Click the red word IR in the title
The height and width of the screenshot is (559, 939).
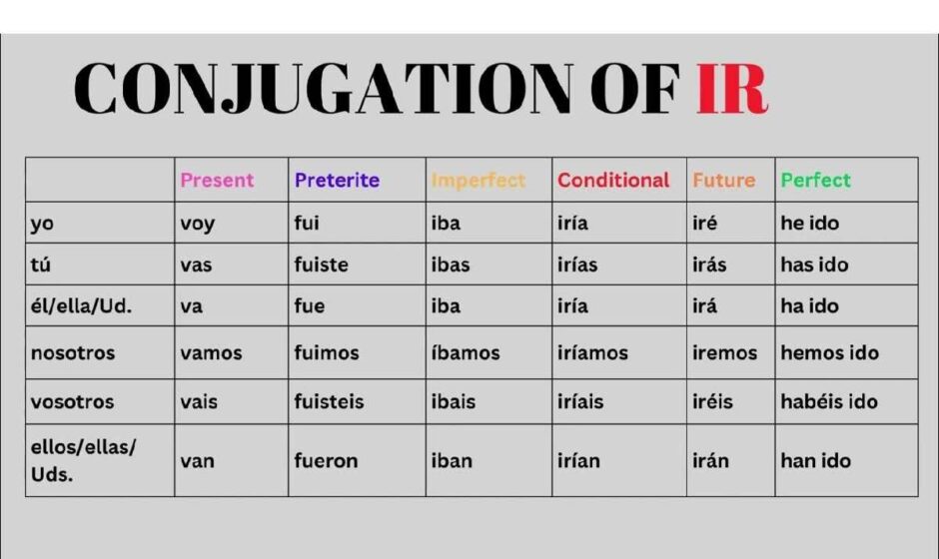[732, 88]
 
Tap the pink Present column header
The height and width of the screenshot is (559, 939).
[217, 180]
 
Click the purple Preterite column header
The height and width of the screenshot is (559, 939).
[337, 180]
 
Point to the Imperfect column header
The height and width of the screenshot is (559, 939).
[477, 180]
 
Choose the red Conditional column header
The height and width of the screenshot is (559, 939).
[613, 180]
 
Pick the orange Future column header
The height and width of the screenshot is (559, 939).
[724, 180]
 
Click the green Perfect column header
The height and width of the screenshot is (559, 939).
[815, 180]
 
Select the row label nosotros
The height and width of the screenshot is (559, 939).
[73, 353]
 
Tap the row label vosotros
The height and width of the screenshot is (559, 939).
[72, 401]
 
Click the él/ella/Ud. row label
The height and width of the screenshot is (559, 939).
[81, 305]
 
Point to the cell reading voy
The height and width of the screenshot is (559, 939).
[197, 224]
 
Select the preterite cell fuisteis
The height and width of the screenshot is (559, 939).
[329, 401]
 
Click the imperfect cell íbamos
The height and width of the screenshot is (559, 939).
[466, 352]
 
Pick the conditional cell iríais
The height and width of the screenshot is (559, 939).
[580, 401]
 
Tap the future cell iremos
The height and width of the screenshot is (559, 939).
[724, 352]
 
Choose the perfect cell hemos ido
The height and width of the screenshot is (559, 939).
[829, 352]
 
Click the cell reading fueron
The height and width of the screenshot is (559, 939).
[326, 461]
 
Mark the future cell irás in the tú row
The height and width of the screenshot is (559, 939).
[709, 264]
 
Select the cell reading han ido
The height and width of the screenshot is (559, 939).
[816, 460]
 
